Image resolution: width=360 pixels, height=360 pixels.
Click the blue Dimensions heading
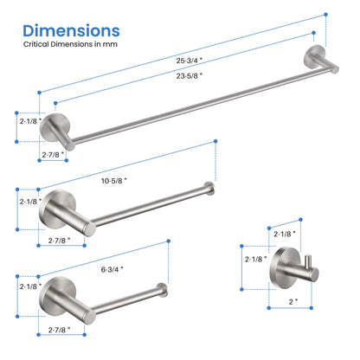tap(71, 31)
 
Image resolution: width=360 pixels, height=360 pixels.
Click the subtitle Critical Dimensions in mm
tap(70, 44)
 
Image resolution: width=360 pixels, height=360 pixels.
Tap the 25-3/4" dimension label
tap(190, 61)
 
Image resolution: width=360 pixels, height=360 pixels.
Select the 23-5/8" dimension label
tap(190, 76)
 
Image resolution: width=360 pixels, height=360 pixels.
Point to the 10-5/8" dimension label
tap(114, 181)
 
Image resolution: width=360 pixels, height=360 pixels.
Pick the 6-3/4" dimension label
tap(112, 269)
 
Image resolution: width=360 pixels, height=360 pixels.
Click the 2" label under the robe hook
tap(293, 302)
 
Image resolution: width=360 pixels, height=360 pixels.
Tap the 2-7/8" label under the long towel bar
tap(53, 155)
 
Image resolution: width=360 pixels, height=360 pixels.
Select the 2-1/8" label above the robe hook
tap(285, 234)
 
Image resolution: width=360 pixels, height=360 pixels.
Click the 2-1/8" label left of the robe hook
tap(256, 259)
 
